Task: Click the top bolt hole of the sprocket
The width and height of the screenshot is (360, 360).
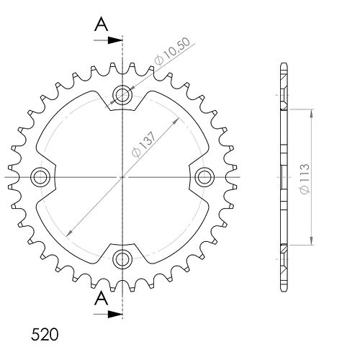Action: pos(122,95)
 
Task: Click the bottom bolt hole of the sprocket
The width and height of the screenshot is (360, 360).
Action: pos(122,258)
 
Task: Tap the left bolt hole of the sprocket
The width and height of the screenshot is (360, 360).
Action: pos(40,177)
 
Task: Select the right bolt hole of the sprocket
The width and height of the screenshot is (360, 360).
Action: pos(204,177)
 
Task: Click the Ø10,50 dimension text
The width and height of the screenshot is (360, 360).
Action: pos(172,51)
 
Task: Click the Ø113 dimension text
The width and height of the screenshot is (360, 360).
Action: pos(305,179)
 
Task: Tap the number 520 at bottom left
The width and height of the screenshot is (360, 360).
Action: pos(45,335)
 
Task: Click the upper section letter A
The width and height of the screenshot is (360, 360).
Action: pos(102,25)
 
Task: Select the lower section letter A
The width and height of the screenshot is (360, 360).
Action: pos(102,299)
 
